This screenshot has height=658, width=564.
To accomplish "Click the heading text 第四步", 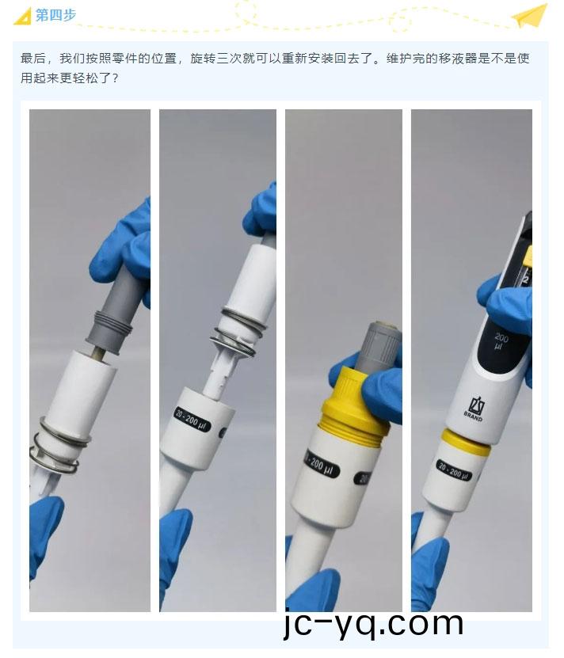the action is tap(56, 15).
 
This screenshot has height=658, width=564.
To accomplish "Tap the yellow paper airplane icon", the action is tap(530, 16).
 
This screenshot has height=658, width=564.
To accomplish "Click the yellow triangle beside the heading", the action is tap(23, 17).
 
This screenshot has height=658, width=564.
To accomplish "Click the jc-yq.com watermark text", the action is tap(374, 624).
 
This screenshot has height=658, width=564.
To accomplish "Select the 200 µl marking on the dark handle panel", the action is tap(500, 340).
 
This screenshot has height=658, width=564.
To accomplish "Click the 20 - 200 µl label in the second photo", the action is tap(192, 420).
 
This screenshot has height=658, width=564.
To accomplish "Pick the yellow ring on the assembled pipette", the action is tap(466, 443).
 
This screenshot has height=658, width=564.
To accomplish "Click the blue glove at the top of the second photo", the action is tap(261, 210).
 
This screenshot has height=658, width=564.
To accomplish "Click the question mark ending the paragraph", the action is tap(115, 78).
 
